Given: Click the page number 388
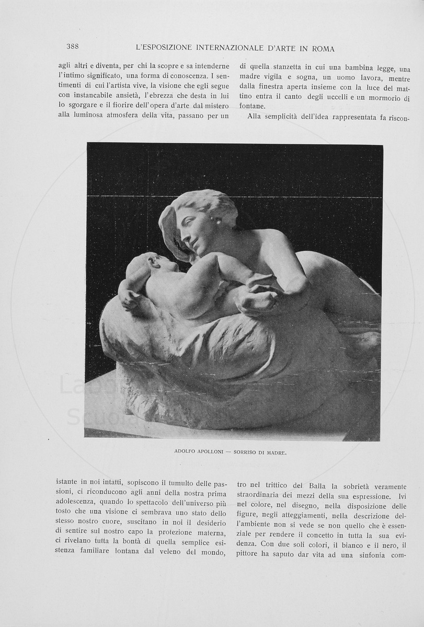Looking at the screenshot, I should click(73, 47).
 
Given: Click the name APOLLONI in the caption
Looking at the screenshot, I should click(209, 452).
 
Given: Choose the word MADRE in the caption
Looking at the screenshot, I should click(276, 452).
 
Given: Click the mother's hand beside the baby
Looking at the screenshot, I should click(256, 300).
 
